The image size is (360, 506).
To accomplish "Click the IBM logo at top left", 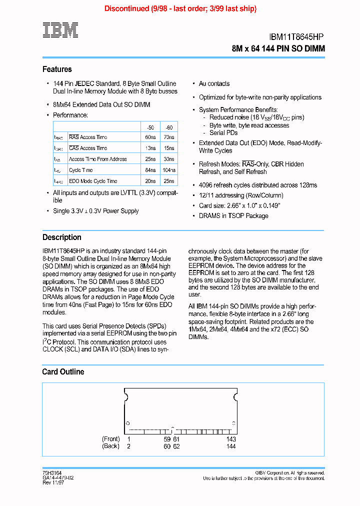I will [x=60, y=30].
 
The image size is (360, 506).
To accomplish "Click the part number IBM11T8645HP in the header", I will [x=296, y=36].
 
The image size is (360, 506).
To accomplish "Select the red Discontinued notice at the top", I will [x=180, y=8].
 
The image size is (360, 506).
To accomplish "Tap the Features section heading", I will [x=57, y=69].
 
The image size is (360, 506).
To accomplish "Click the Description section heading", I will [x=61, y=237].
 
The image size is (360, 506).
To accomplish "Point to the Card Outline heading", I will [x=63, y=372].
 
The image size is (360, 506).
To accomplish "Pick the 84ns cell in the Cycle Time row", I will [x=150, y=170].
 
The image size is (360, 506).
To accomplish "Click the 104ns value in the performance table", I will [x=169, y=170].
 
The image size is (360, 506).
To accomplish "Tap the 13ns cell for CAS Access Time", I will [x=150, y=148].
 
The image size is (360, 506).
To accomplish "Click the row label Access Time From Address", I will [x=97, y=159].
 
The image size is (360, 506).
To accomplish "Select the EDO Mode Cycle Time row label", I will [x=93, y=181].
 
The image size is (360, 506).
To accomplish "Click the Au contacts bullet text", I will [x=214, y=83].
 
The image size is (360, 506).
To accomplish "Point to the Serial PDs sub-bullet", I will [x=223, y=133].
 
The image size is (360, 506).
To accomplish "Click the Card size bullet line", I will [x=239, y=205].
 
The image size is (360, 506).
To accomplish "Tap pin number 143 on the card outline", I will [x=230, y=439].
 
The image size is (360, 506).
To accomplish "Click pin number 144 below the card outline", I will [x=230, y=446].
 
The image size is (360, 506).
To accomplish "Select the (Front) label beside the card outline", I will [x=110, y=439].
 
